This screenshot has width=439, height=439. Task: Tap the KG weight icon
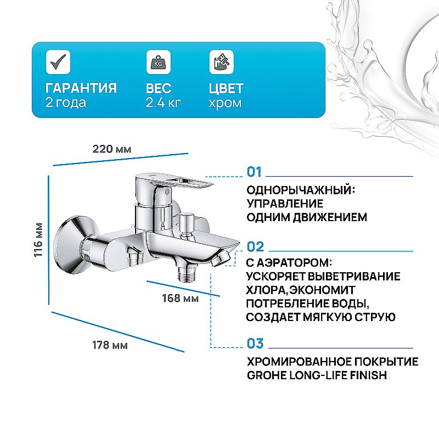[x=157, y=61]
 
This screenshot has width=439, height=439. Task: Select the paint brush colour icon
[x=221, y=61]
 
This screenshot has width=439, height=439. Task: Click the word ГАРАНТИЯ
[x=81, y=88]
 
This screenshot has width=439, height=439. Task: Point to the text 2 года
[x=65, y=103]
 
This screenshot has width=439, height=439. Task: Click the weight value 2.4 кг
[x=164, y=103]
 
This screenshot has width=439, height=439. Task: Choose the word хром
[x=225, y=103]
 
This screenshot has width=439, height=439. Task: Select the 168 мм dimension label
[x=181, y=299]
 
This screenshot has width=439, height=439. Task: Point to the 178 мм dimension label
[x=110, y=345]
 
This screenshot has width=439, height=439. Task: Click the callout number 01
[x=255, y=173]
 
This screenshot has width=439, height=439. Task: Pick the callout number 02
[x=255, y=246]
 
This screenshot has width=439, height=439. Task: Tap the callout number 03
[x=255, y=344]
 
